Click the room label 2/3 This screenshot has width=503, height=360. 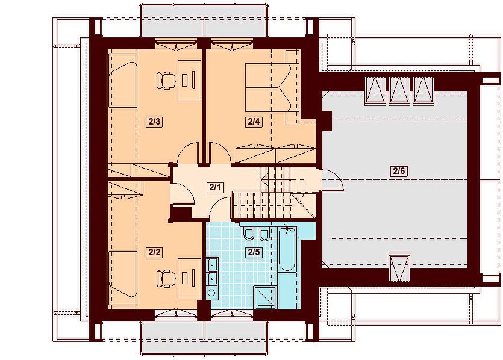pos(154,122)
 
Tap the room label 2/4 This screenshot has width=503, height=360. pos(254,122)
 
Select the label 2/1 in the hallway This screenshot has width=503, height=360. pos(215,187)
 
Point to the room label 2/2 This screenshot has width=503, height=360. pos(154,252)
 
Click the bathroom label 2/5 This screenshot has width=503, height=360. pos(254,252)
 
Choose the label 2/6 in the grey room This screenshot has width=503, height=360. pos(399,171)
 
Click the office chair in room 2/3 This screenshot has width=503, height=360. pos(166,80)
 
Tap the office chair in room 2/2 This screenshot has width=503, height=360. pos(166,278)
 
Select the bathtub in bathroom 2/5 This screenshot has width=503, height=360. pos(287,249)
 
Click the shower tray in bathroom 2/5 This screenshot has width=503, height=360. pos(265,298)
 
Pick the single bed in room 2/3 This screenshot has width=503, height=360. pos(123,81)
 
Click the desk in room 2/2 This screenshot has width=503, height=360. pos(189,278)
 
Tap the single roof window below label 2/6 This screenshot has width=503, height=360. pos(399,267)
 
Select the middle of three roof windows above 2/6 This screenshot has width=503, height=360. pos(399,91)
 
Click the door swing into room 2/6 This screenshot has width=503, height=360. pos(333,179)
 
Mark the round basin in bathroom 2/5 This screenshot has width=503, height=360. pos(211,293)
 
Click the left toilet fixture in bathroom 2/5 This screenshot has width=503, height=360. pos(248,234)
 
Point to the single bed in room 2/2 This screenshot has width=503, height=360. pos(123,278)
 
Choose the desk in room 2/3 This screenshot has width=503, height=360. pos(189,80)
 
